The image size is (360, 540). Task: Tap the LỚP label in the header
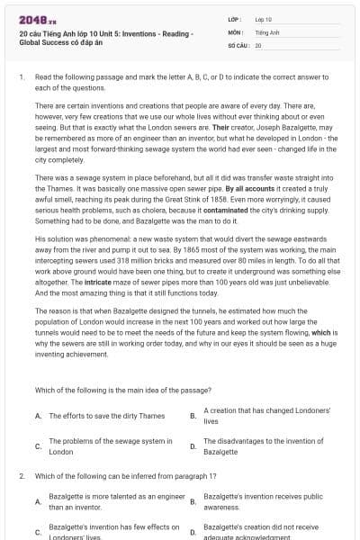[234, 18]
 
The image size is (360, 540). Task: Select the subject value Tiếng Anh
[263, 31]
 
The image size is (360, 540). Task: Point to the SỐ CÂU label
[238, 44]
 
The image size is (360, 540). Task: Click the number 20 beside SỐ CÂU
[258, 44]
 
